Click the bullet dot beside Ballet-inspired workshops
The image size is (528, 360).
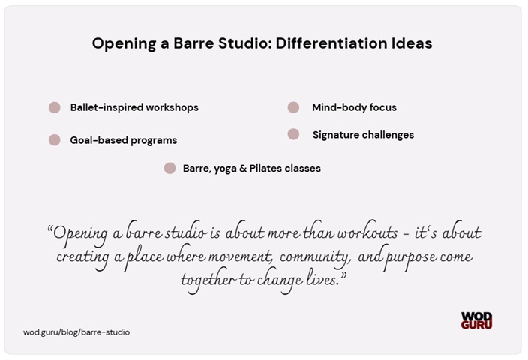coord(54,107)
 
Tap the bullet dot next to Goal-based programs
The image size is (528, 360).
coord(54,140)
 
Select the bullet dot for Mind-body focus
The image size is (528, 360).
coord(293,107)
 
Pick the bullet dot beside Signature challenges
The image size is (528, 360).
coord(293,134)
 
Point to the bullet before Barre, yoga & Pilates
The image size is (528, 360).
coord(169,168)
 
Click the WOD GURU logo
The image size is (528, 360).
coord(477,320)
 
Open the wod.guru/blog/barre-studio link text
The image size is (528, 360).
coord(76,331)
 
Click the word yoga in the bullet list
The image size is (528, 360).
coord(226,169)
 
